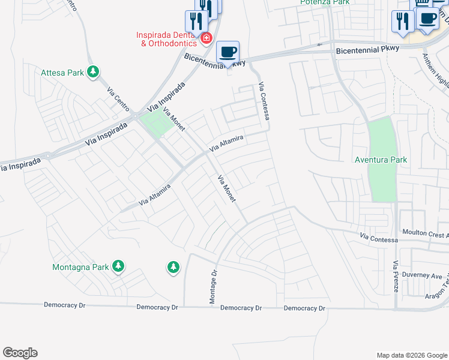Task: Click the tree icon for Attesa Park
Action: pos(92,73)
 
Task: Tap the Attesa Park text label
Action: pos(62,73)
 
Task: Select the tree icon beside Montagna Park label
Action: pos(118,266)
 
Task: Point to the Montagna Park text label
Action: pos(80,267)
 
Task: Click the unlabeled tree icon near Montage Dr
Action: pos(173,266)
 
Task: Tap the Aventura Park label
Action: pos(381,160)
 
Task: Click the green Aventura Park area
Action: pos(382,180)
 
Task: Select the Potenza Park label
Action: pos(324,2)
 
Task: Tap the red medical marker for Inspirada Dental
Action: pos(206,38)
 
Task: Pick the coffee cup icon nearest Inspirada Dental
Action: pos(228,52)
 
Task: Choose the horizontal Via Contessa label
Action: pos(379,239)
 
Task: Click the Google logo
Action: pos(20,353)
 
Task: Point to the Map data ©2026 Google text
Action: pos(411,355)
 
